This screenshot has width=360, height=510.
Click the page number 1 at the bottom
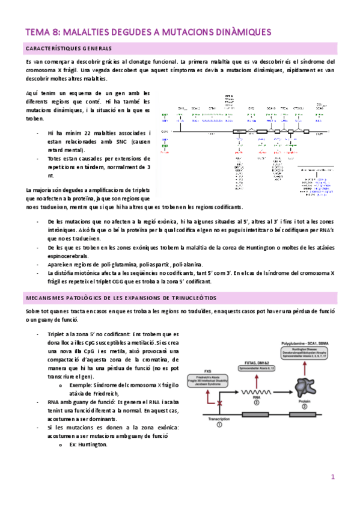tap(332, 477)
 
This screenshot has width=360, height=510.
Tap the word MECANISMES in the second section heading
tap(49, 298)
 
